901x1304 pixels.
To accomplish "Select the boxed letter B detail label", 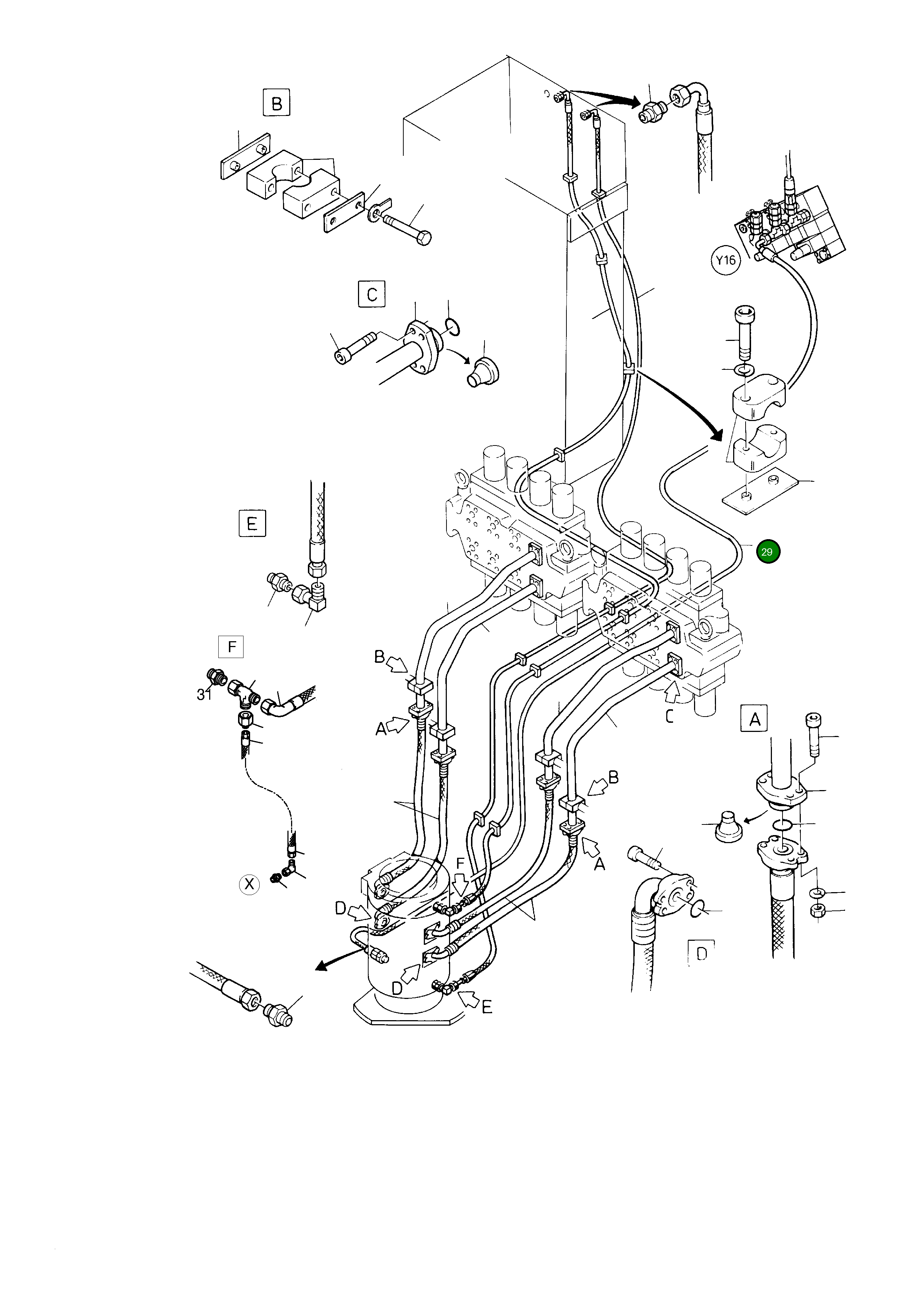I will pyautogui.click(x=276, y=104).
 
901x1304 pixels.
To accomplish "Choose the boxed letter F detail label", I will pyautogui.click(x=231, y=647).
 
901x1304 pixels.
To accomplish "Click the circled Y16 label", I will pyautogui.click(x=725, y=260).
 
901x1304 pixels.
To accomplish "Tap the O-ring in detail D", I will pyautogui.click(x=698, y=908).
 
